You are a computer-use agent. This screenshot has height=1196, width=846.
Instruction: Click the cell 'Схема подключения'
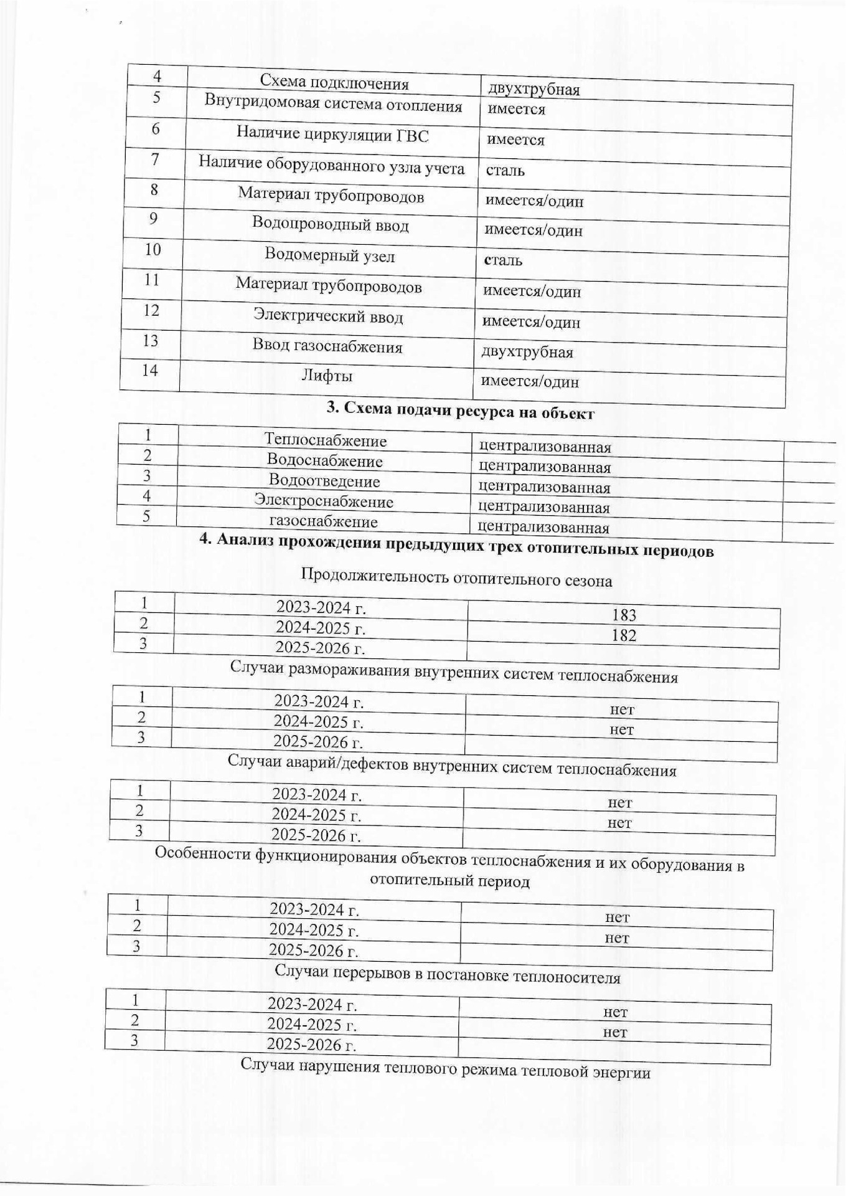point(334,83)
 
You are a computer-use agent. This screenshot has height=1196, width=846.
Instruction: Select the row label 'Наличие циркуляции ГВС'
point(332,135)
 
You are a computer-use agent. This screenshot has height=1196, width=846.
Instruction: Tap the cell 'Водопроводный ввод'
point(330,224)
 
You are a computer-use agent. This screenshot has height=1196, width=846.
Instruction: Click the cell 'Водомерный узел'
point(329,255)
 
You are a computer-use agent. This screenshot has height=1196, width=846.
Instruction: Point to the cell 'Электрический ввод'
point(327,316)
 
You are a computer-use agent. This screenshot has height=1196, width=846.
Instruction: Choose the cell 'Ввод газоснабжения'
point(327,346)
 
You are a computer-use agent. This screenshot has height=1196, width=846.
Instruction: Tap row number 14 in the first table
point(150,371)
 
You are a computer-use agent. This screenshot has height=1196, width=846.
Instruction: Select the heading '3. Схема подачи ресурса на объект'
point(461,411)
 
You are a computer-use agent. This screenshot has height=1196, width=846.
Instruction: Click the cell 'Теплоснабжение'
point(325,440)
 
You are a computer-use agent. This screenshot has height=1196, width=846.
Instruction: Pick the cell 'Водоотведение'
point(324,481)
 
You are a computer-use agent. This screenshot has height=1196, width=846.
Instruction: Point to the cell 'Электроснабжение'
point(323,501)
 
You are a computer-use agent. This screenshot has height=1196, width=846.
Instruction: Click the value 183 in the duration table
point(624,615)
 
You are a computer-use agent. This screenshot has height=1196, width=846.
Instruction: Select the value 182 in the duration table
point(624,635)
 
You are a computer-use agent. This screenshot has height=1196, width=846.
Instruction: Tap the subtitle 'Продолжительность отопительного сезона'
point(456,577)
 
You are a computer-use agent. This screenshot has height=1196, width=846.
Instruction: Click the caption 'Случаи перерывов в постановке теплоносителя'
point(447,974)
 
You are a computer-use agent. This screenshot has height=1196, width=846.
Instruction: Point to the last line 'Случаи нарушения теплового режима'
point(445,1069)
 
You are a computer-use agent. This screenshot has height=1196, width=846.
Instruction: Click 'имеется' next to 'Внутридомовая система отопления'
point(516,110)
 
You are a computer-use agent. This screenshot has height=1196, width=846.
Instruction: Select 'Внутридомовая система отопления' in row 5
point(333,103)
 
